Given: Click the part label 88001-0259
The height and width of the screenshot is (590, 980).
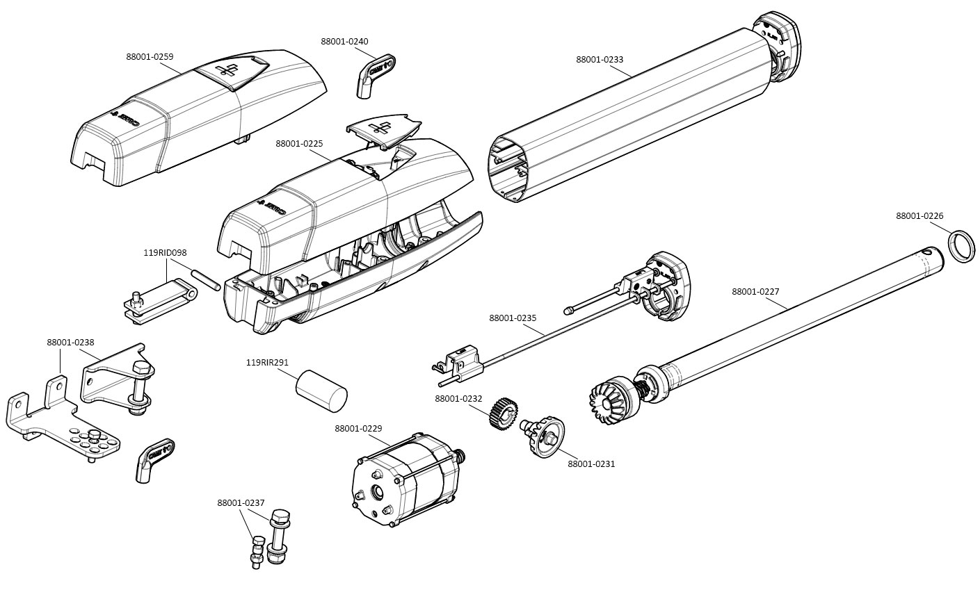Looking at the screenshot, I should tap(150, 57).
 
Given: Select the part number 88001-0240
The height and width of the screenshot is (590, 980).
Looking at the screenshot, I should tap(344, 42).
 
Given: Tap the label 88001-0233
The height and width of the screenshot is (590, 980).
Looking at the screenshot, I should tap(600, 60).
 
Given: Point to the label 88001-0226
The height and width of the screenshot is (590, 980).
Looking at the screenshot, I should tap(919, 216).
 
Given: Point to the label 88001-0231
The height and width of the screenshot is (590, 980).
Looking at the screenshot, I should tap(591, 464).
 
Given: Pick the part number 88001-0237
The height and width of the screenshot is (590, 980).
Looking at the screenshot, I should tap(241, 503).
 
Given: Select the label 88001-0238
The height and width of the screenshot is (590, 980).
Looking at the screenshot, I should tap(70, 343).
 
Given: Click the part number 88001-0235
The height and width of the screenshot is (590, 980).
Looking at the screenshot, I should tap(513, 318).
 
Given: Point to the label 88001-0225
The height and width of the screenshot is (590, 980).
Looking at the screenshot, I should tap(299, 144).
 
